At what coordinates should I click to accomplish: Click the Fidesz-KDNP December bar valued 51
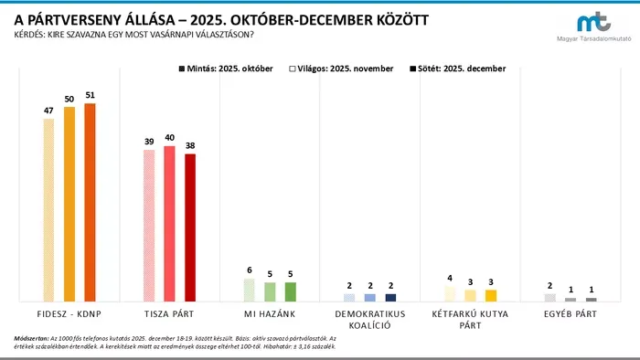click(x=90, y=202)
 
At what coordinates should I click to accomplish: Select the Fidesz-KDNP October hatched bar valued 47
click(x=48, y=209)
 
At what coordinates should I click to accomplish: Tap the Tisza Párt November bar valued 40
click(x=169, y=223)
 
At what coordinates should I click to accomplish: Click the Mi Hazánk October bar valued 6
click(x=249, y=291)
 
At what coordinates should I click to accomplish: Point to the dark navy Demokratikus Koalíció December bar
click(x=390, y=297)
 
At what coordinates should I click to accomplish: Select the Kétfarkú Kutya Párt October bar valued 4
click(x=449, y=293)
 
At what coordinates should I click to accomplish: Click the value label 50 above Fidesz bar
click(x=69, y=99)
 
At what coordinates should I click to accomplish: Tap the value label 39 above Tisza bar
click(x=148, y=141)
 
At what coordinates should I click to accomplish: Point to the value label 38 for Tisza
click(x=190, y=144)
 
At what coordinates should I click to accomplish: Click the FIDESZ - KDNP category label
click(x=69, y=312)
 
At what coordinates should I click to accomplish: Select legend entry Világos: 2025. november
click(x=341, y=69)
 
